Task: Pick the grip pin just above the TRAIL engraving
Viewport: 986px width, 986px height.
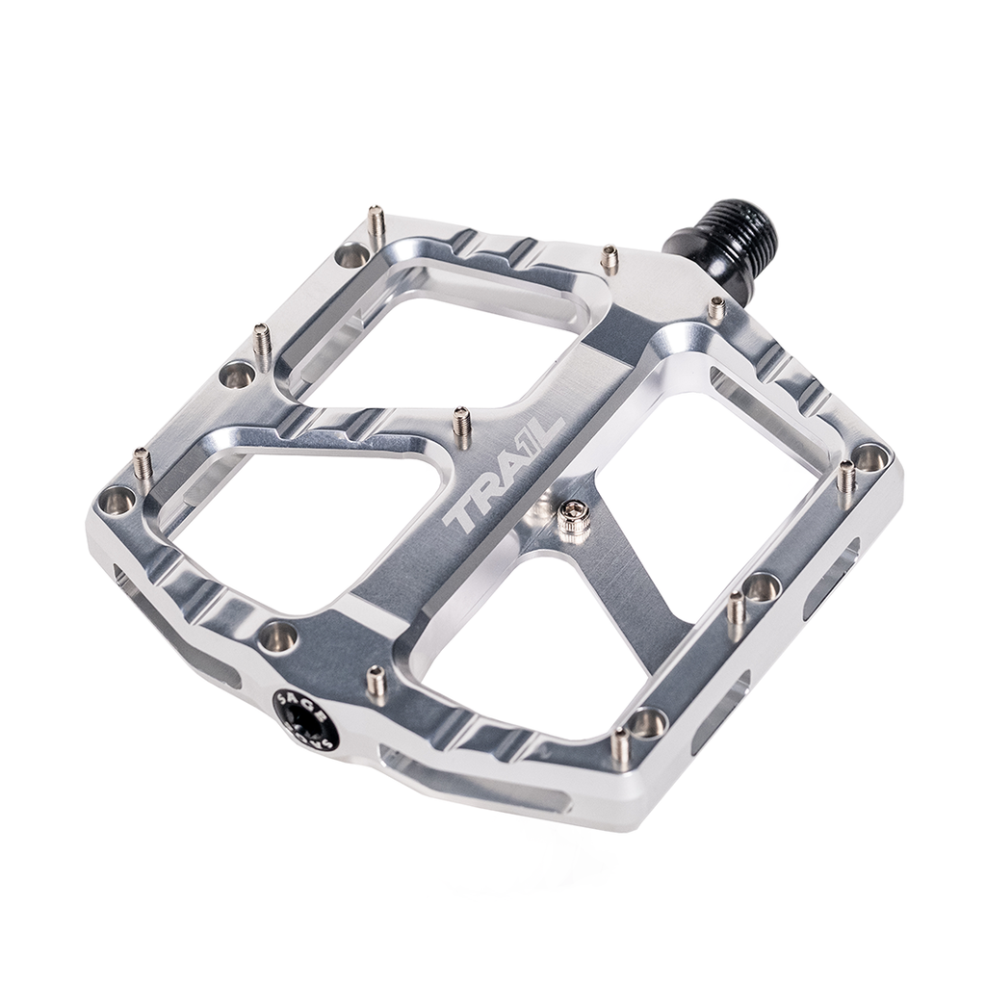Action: click(462, 427)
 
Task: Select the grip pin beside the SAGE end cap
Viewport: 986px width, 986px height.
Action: click(377, 683)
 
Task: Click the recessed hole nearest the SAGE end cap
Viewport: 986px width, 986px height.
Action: click(280, 634)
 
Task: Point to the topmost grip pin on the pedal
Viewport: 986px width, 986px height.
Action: click(378, 223)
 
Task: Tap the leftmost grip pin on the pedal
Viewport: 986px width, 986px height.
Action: click(143, 465)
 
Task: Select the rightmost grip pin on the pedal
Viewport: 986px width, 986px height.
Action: click(846, 476)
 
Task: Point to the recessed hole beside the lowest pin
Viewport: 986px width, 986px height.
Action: click(648, 721)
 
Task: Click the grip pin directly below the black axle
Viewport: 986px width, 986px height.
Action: click(716, 309)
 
